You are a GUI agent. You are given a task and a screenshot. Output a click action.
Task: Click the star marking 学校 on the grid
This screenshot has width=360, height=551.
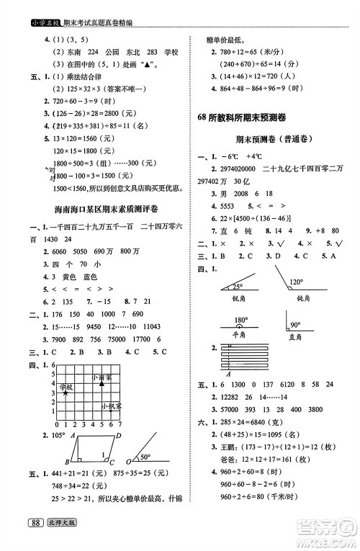click(x=66, y=393)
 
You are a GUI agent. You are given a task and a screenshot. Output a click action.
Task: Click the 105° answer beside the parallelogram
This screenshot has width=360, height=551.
click(x=57, y=436)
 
